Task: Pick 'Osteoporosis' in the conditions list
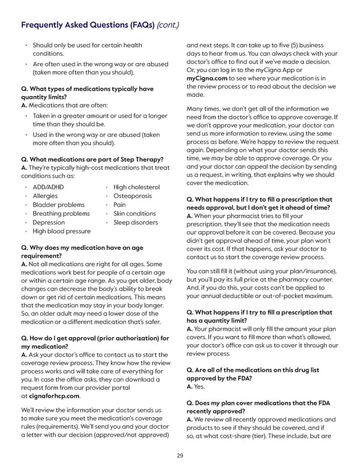click(x=134, y=196)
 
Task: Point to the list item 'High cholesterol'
click(x=136, y=187)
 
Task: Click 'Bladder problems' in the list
click(x=58, y=205)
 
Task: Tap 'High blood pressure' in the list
click(x=61, y=231)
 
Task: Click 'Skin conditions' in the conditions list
click(x=134, y=214)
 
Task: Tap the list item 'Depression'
click(x=49, y=222)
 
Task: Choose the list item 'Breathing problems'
click(x=61, y=214)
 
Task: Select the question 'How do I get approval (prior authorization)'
click(x=92, y=342)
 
